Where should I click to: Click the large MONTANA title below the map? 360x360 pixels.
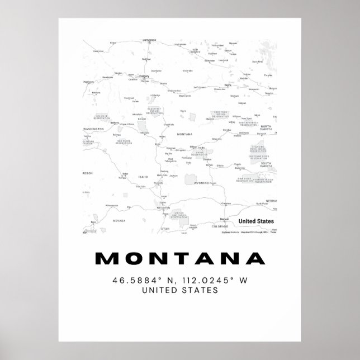180,259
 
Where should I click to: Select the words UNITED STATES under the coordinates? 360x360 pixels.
180,290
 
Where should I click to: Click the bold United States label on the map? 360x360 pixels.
257,221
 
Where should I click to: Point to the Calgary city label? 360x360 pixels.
144,76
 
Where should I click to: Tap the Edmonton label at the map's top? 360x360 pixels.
149,40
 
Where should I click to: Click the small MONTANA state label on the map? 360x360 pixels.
184,135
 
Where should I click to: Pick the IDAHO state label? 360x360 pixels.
143,177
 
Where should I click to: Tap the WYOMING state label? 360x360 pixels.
201,182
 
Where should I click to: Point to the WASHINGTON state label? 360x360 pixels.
94,129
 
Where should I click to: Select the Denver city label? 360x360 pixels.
224,219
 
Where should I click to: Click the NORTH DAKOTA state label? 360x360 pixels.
265,127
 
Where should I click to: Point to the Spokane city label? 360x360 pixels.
115,122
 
